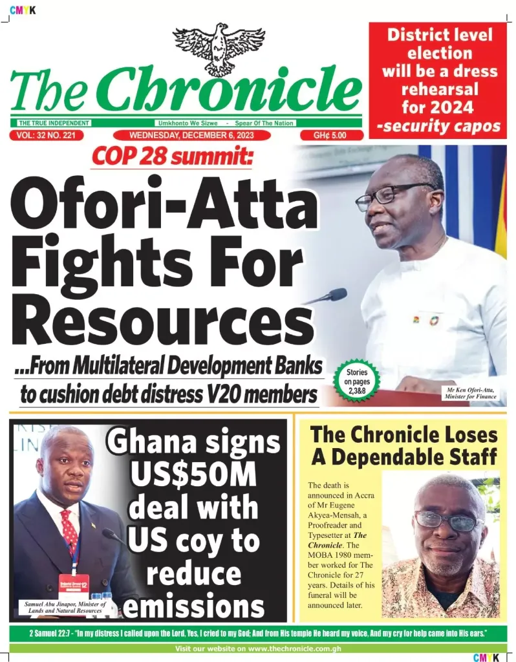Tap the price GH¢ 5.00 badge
coord(330,136)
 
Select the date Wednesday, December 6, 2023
coord(202,136)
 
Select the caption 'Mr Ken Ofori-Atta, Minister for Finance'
coord(471,393)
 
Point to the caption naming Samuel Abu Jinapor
coord(65,607)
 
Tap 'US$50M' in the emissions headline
coord(194,476)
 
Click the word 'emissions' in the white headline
coord(194,606)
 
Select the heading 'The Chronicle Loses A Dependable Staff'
coord(405,445)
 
